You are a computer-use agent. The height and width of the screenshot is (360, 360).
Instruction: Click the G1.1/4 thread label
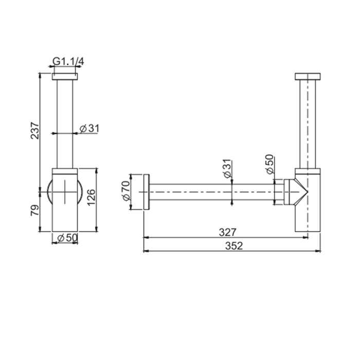(68, 62)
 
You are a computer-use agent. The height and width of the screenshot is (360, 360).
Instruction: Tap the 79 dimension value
(34, 210)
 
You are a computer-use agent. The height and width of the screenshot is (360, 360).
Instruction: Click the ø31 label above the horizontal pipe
(227, 168)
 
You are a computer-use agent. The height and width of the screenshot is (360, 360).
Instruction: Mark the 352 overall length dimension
(233, 245)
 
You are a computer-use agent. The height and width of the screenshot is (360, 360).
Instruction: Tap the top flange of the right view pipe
(308, 77)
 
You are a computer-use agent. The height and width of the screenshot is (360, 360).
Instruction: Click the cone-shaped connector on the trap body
(298, 192)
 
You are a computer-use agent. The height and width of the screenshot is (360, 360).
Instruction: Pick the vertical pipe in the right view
(308, 123)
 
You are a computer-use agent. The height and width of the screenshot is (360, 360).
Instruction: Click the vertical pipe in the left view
(65, 123)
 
